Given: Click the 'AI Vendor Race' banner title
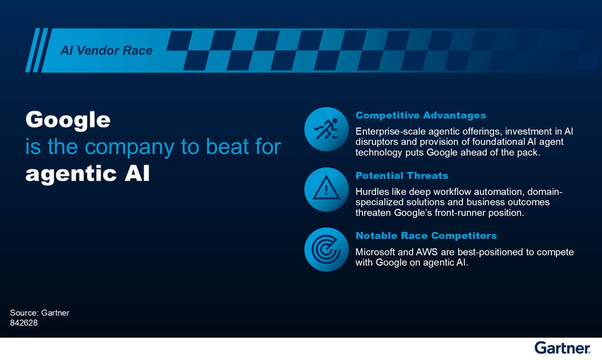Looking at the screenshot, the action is (x=106, y=51).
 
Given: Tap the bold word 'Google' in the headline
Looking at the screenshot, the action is (x=68, y=120).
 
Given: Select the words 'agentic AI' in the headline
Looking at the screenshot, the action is (x=88, y=173).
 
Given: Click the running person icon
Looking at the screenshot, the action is (x=326, y=129).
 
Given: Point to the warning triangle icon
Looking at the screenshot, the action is (x=326, y=189).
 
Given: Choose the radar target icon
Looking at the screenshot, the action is (x=326, y=250).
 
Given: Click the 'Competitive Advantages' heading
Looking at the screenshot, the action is (x=421, y=115).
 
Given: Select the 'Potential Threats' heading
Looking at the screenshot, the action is (x=402, y=176).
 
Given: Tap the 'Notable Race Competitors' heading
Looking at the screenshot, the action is (x=426, y=235).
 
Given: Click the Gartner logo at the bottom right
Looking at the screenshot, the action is (x=563, y=348).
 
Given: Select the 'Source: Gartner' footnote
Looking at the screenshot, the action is (x=39, y=313).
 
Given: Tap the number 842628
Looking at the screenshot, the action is (x=24, y=323).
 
